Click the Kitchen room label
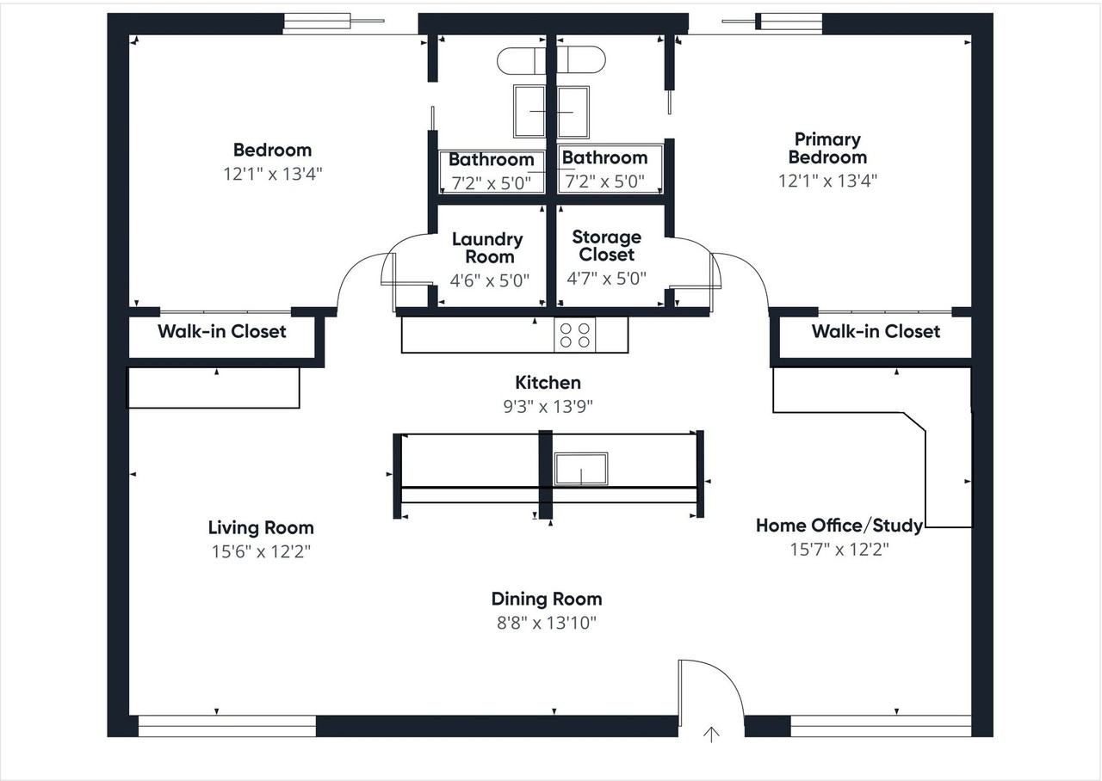click(x=548, y=383)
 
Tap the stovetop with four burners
click(x=574, y=335)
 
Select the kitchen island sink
click(x=581, y=469)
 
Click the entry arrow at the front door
click(x=711, y=735)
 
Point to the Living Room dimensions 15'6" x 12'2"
click(x=261, y=551)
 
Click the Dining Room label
click(x=547, y=599)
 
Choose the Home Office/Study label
click(x=839, y=526)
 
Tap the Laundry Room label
click(x=488, y=248)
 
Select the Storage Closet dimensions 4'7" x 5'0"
click(x=607, y=279)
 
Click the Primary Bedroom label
click(x=828, y=149)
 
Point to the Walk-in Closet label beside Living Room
click(x=222, y=331)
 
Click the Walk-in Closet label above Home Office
click(x=876, y=331)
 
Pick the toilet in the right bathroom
click(x=581, y=60)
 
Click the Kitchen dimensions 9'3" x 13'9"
click(x=548, y=407)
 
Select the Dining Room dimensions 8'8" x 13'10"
click(x=547, y=623)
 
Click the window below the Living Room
click(x=226, y=726)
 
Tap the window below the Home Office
click(x=881, y=726)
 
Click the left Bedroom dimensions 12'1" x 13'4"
click(x=273, y=174)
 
